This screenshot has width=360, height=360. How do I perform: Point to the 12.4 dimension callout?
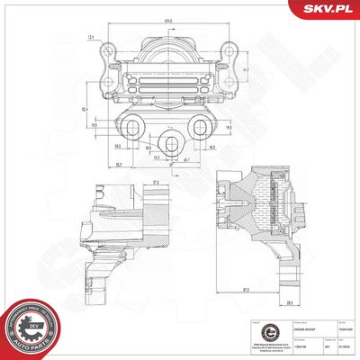93,37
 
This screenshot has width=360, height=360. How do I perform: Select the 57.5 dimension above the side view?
130,182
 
